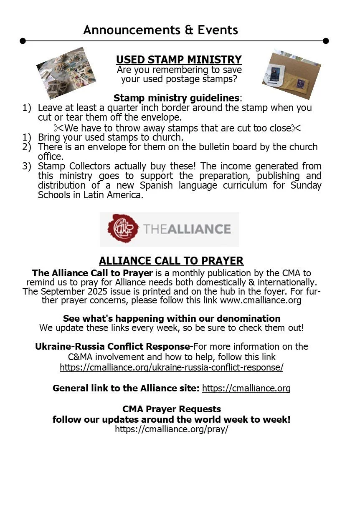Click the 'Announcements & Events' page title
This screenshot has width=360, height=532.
(x=160, y=30)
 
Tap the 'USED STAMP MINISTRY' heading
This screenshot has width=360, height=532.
(x=179, y=60)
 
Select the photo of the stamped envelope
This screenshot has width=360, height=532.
(x=291, y=74)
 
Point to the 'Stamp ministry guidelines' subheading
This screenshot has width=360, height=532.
(x=177, y=98)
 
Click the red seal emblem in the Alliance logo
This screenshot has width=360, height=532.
(x=123, y=229)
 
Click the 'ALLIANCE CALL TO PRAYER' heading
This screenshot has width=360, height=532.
(x=171, y=261)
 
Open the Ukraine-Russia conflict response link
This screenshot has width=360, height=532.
(x=171, y=367)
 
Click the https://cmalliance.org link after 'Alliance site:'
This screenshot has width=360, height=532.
(x=246, y=388)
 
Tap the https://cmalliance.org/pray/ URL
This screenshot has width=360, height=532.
(x=171, y=429)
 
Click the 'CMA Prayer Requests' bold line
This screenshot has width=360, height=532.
(x=171, y=409)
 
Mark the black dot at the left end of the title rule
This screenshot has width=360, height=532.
(x=23, y=41)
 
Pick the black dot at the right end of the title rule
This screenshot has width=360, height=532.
(x=326, y=41)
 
